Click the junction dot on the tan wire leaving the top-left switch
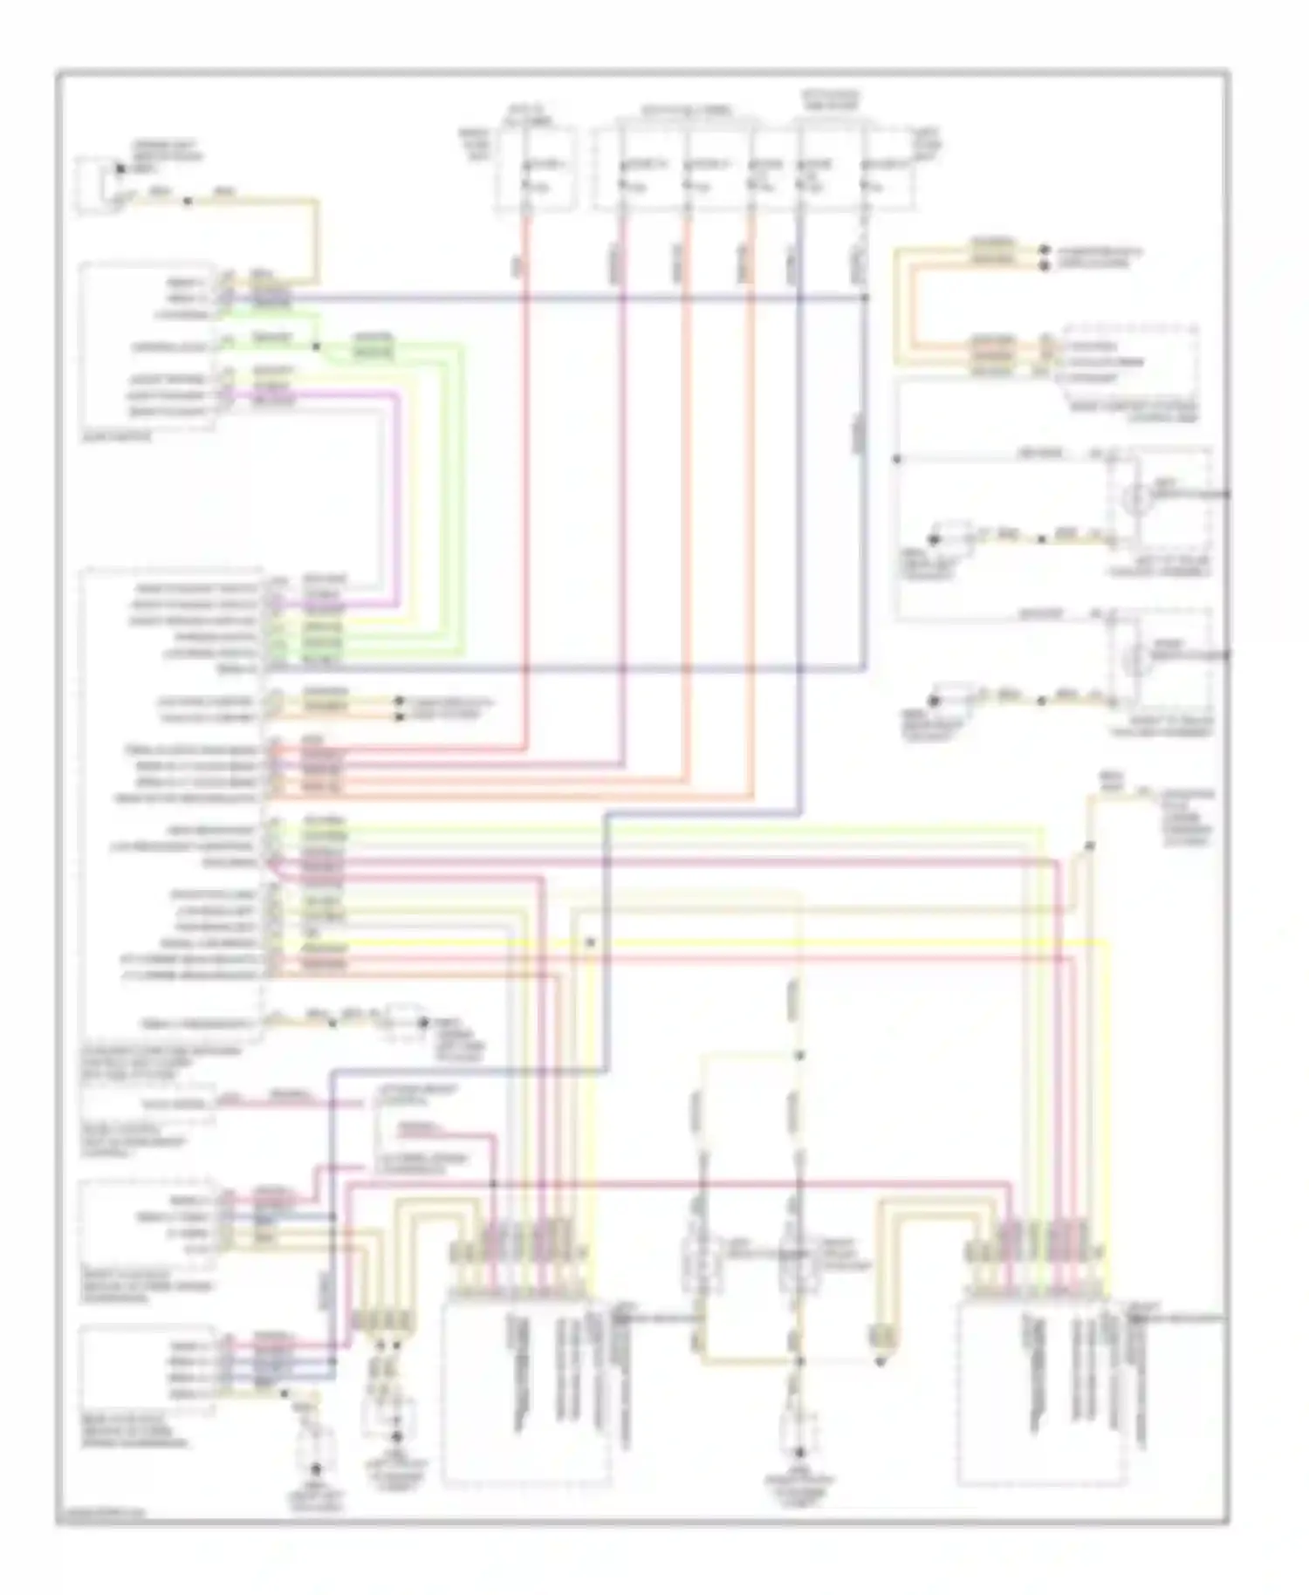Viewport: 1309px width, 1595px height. [188, 202]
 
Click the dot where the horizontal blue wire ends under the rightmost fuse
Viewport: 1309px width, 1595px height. [867, 298]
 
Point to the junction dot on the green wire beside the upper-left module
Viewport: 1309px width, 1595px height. [317, 346]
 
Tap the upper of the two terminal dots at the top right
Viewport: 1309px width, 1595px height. [1045, 250]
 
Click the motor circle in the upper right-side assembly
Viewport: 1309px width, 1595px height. [1136, 499]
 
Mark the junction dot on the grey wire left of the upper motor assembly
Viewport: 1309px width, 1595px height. [896, 459]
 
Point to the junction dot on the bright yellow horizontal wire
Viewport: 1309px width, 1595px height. [591, 943]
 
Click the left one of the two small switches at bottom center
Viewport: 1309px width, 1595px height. [703, 1256]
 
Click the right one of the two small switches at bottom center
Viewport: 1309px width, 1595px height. [794, 1256]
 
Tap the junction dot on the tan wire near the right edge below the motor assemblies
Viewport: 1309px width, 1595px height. [1089, 845]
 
